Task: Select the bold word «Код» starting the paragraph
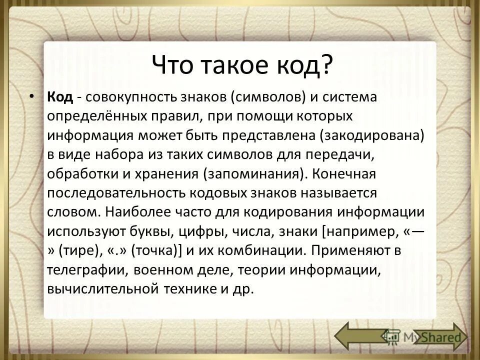point(60,97)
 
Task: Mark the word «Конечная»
point(345,173)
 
